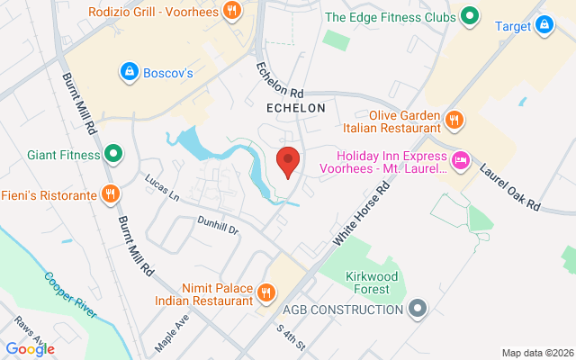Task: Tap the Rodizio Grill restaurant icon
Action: click(232, 12)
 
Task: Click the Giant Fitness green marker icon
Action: click(113, 153)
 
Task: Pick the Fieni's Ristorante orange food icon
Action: click(110, 193)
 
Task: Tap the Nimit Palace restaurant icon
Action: click(266, 292)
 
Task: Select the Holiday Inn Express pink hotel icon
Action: click(461, 160)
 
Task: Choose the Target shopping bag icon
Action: click(543, 25)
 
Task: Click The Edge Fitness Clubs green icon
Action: click(469, 16)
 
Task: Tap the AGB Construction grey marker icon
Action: click(416, 310)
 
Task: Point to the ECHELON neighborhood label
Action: click(295, 107)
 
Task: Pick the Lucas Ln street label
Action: click(162, 187)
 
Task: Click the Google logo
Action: click(30, 349)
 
